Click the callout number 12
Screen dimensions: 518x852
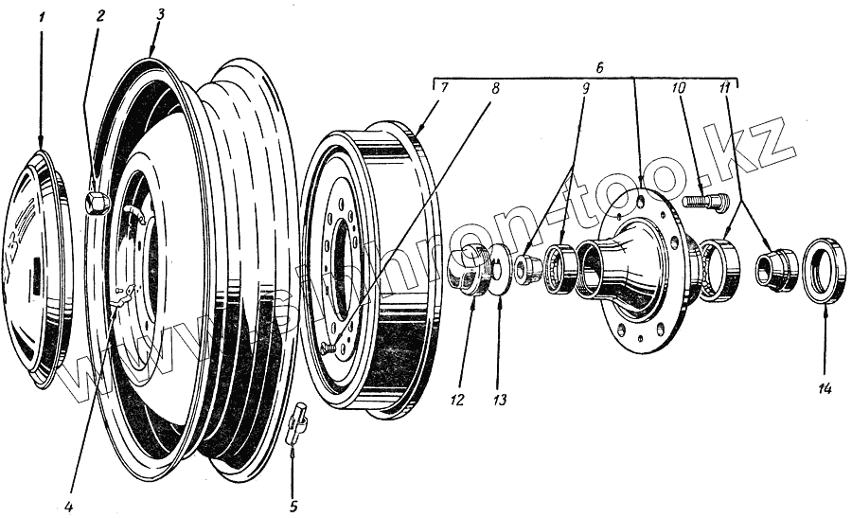click(x=457, y=400)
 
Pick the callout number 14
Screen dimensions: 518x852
click(x=824, y=388)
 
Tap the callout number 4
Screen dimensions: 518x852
click(x=69, y=505)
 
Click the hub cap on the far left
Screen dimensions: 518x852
click(x=40, y=270)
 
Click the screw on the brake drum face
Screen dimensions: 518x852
click(x=328, y=348)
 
